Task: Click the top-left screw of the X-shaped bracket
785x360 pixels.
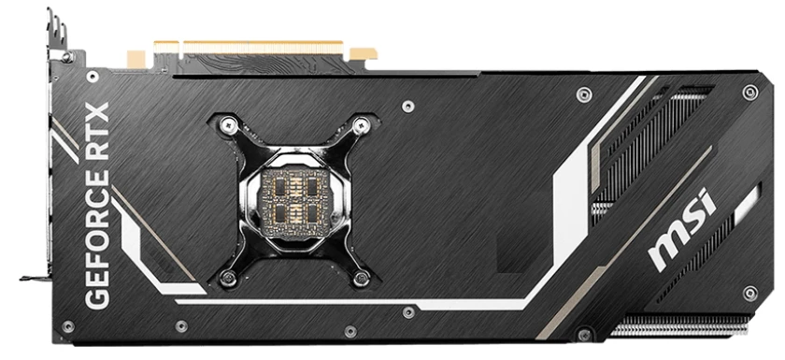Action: tap(225, 122)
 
